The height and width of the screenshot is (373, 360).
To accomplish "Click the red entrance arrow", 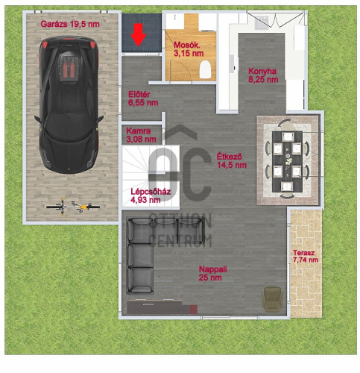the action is pyautogui.click(x=139, y=34).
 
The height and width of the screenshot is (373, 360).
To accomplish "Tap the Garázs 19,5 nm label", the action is pyautogui.click(x=70, y=24).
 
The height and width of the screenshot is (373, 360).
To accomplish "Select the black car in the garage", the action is pyautogui.click(x=69, y=104).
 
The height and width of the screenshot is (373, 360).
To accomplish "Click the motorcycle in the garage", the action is pyautogui.click(x=73, y=207).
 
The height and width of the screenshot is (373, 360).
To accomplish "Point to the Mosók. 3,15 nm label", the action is pyautogui.click(x=189, y=49).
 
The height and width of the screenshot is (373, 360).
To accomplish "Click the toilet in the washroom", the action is pyautogui.click(x=205, y=69).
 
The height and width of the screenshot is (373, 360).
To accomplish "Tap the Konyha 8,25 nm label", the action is pyautogui.click(x=263, y=75).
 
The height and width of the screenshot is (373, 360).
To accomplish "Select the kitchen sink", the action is pyautogui.click(x=262, y=22).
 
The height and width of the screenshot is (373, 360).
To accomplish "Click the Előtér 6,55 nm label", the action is pyautogui.click(x=143, y=98).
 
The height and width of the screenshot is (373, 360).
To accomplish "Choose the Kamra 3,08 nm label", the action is pyautogui.click(x=141, y=135).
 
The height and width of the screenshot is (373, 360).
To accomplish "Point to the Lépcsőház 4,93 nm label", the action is pyautogui.click(x=151, y=195).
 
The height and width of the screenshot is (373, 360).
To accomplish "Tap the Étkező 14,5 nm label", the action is pyautogui.click(x=232, y=160).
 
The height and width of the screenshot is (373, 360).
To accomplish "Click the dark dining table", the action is pyautogui.click(x=287, y=161).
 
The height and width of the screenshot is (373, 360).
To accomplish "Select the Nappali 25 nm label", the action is pyautogui.click(x=212, y=273).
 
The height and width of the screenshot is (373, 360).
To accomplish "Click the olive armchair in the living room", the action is pyautogui.click(x=272, y=299).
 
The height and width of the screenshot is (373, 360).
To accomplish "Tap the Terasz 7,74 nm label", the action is pyautogui.click(x=306, y=257).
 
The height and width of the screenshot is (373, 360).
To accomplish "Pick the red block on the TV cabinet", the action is pyautogui.click(x=194, y=310).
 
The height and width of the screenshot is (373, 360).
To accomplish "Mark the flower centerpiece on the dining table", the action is pyautogui.click(x=288, y=161).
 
